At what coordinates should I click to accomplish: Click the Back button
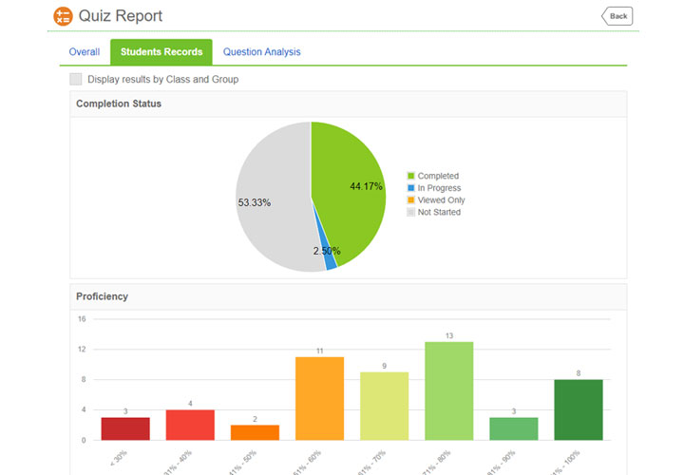tap(617, 16)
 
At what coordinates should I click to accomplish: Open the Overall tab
tap(85, 52)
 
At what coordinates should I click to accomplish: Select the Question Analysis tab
tap(261, 52)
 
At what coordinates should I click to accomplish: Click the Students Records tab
tap(161, 52)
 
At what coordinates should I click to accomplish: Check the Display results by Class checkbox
tap(76, 80)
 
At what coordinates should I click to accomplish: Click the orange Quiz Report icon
tap(63, 16)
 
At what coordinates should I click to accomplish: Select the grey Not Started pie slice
tap(271, 199)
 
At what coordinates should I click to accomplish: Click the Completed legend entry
tap(437, 176)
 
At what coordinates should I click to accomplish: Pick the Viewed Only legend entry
tap(440, 200)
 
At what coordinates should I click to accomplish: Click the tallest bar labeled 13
tap(449, 390)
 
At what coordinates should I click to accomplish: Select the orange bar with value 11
tap(319, 398)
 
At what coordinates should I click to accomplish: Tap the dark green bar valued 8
tap(579, 409)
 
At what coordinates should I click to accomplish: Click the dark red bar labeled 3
tap(125, 428)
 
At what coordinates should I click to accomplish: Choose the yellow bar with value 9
tap(384, 406)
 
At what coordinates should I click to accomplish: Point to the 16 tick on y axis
tap(82, 319)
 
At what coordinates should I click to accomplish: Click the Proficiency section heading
tap(102, 296)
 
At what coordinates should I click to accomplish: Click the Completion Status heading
tap(119, 104)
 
